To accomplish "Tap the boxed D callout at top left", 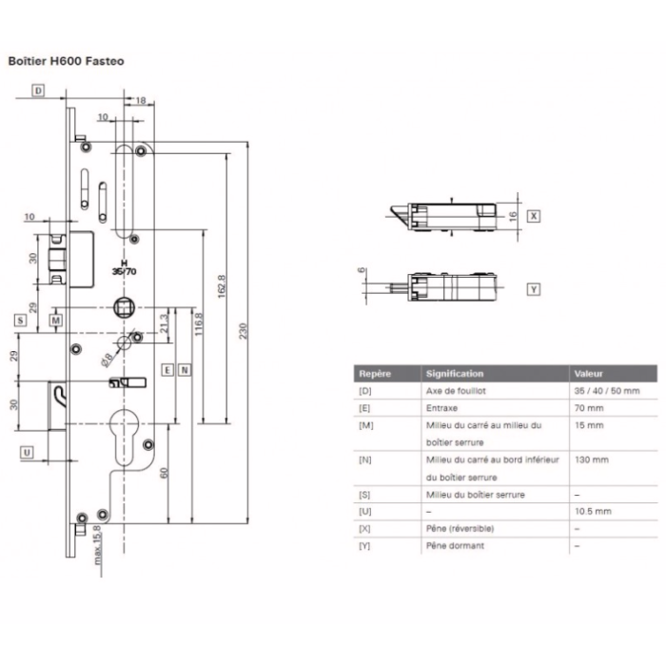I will point(39,90).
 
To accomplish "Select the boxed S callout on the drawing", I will point(20,321).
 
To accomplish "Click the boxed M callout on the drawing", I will point(56,322).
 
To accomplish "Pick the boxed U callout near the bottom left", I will point(27,452).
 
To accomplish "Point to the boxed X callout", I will point(533,216).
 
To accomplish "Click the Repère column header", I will point(375,374).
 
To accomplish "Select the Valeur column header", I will point(590,374).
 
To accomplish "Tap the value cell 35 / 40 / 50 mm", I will point(607,391).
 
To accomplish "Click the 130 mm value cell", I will point(592,460).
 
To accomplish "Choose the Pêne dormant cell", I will point(455,545).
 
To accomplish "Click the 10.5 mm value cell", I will point(593,511).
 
